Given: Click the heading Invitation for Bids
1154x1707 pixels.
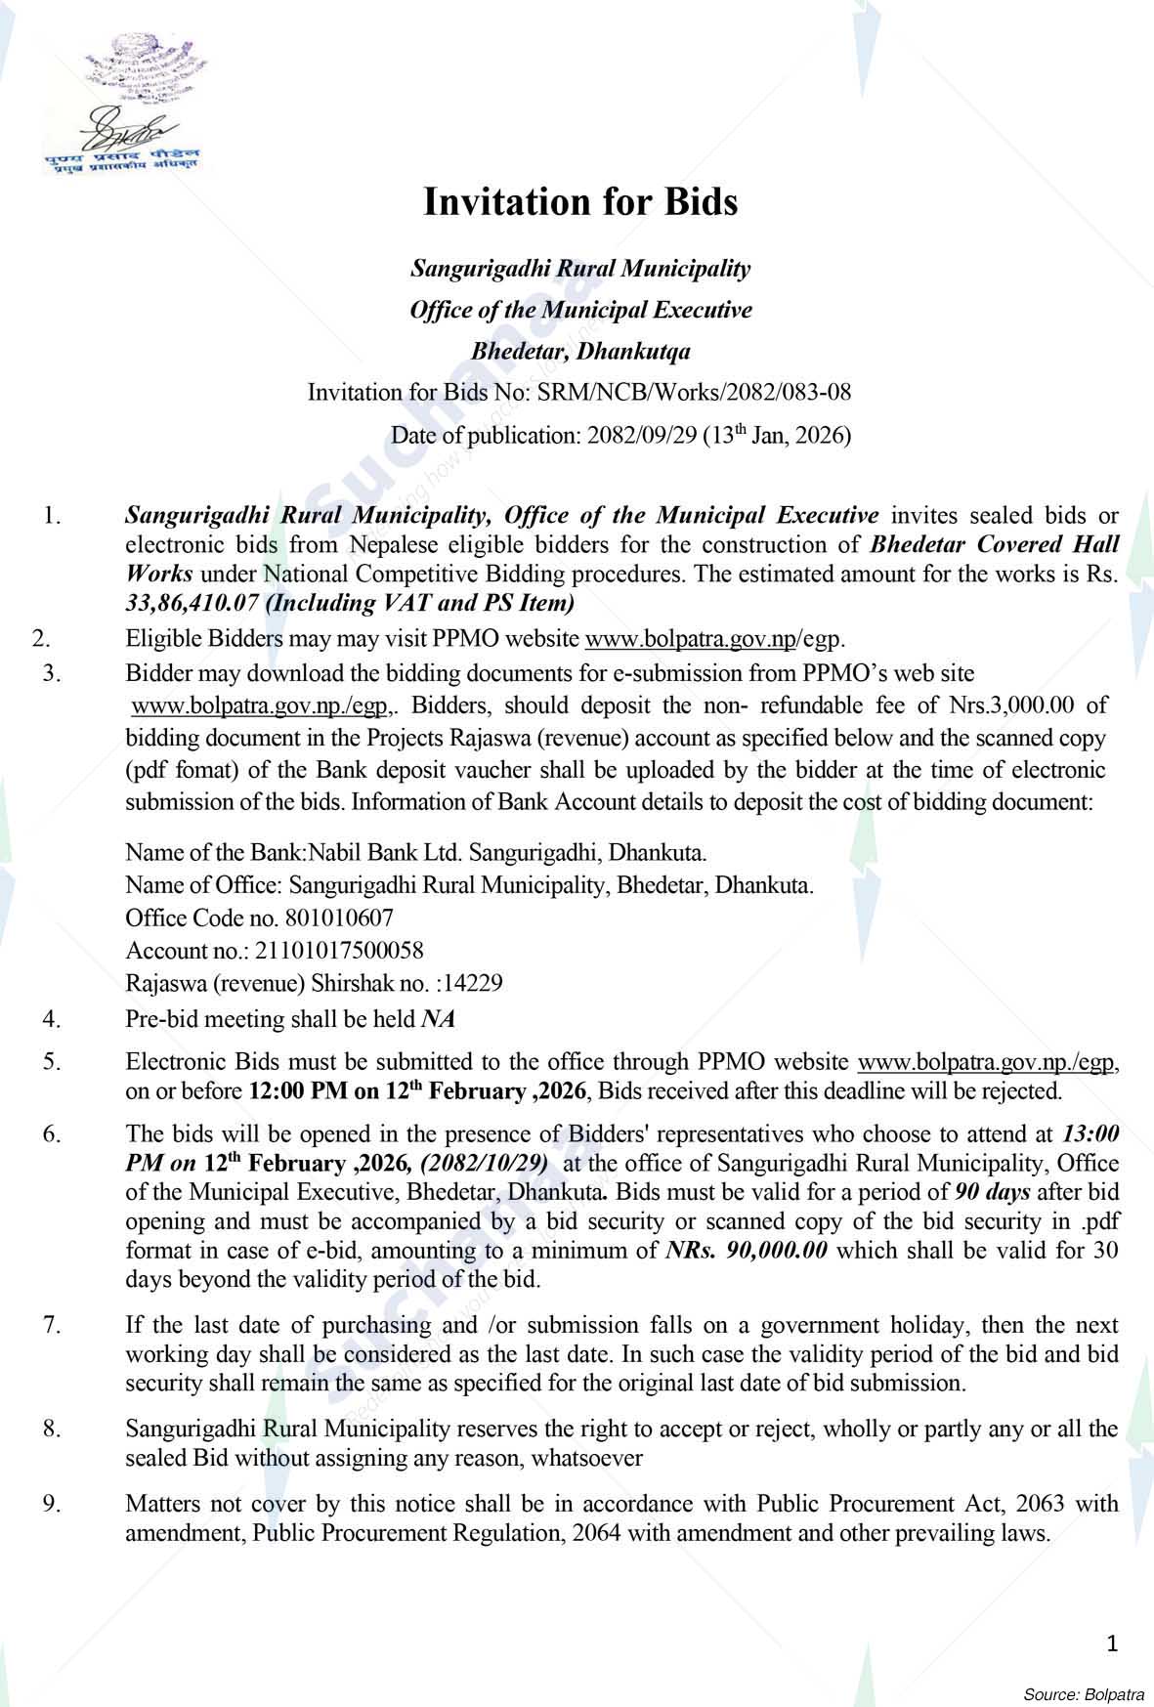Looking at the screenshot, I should pos(579,202).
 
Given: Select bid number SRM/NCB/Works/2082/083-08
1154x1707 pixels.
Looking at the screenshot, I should pos(694,393).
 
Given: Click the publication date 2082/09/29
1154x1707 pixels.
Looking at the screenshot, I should pos(641,436).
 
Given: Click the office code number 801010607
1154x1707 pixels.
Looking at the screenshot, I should pos(339,918).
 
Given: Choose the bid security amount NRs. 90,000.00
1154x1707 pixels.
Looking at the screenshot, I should pos(746,1250).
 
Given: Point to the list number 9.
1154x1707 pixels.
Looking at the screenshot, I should pos(52,1503).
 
